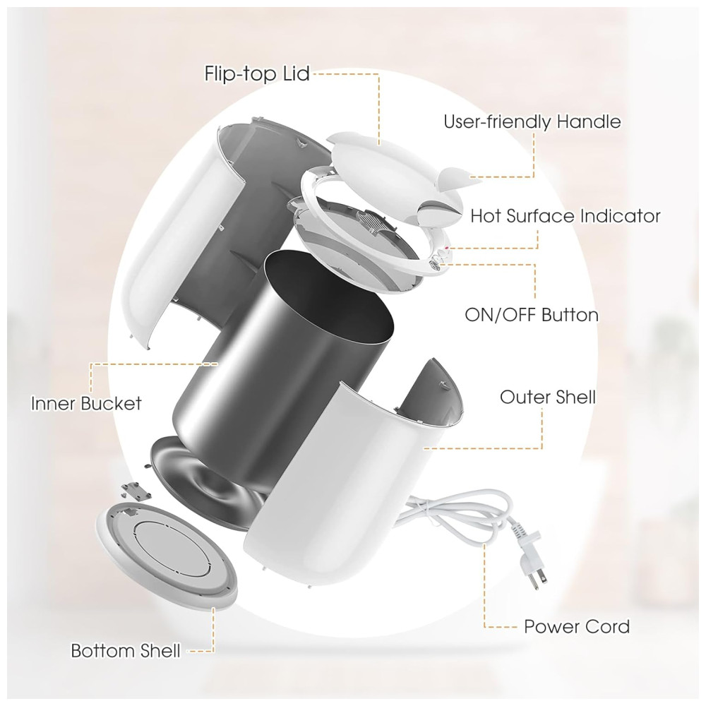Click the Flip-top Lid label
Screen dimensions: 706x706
(257, 74)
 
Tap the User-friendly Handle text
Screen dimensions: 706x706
(532, 122)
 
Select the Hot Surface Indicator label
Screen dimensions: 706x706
(565, 216)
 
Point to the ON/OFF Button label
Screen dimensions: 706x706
(532, 315)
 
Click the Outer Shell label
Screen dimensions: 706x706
(548, 397)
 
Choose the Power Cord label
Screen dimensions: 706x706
(577, 627)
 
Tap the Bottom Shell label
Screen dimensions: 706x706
(126, 651)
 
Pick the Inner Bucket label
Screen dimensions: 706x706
(86, 403)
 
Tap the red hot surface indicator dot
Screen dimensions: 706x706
(447, 248)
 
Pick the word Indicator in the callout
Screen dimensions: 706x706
(620, 216)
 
